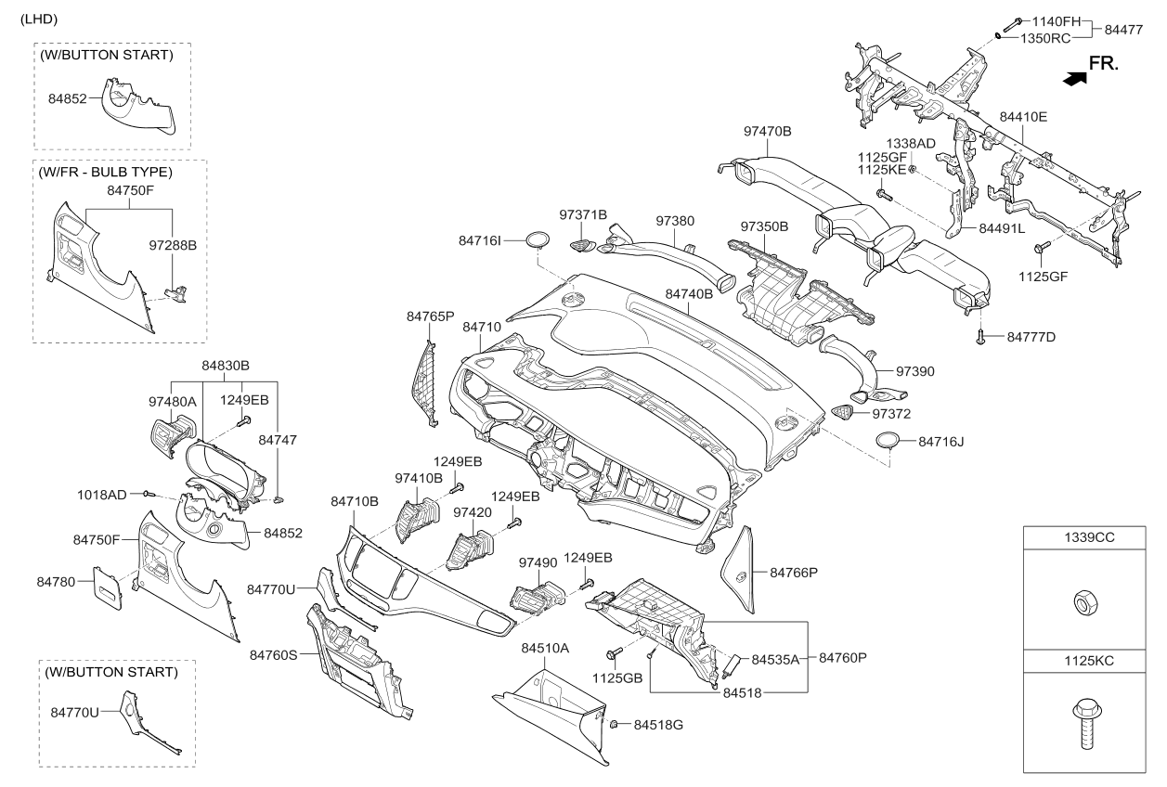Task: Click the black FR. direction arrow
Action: click(x=1075, y=79)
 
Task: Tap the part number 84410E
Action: click(x=1023, y=117)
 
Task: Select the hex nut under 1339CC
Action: click(x=1084, y=603)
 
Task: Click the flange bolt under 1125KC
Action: click(x=1087, y=725)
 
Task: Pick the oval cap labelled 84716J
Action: click(x=888, y=441)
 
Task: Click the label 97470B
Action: click(x=768, y=132)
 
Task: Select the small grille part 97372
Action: click(x=842, y=412)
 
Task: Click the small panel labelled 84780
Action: click(x=108, y=588)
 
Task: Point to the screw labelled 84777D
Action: click(x=980, y=337)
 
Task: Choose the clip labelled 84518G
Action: click(x=614, y=724)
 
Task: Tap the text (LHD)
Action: click(x=39, y=19)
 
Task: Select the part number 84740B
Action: click(x=689, y=294)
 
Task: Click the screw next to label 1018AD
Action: click(x=149, y=493)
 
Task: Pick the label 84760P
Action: click(x=843, y=658)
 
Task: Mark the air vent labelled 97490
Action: click(x=538, y=598)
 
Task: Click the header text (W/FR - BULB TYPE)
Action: click(x=105, y=173)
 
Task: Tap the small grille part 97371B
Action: click(x=583, y=244)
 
